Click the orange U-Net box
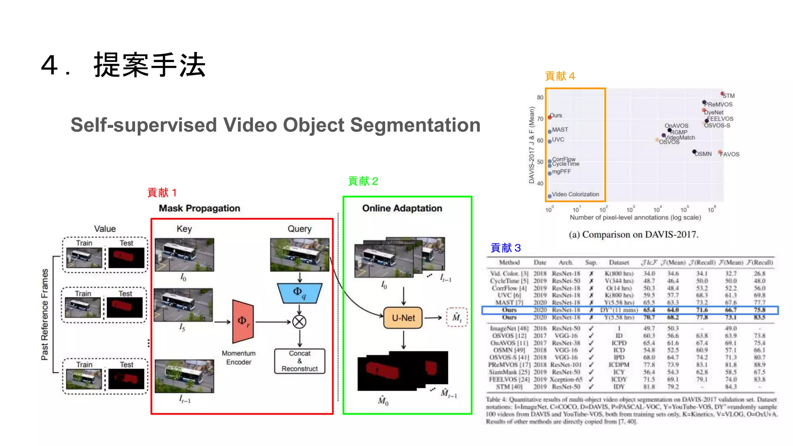403,318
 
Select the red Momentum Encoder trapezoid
243,321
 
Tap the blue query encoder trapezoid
299,293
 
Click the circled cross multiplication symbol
299,322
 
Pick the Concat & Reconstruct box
299,361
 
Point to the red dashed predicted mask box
457,317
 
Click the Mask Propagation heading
199,208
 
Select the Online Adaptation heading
402,208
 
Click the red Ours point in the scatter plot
549,117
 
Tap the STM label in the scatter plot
728,96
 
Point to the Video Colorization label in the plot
575,194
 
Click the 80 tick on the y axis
540,98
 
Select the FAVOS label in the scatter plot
729,154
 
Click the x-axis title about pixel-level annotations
635,218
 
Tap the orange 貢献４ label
560,76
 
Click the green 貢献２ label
363,181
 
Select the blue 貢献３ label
506,248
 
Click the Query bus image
299,254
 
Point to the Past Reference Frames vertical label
45,314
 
